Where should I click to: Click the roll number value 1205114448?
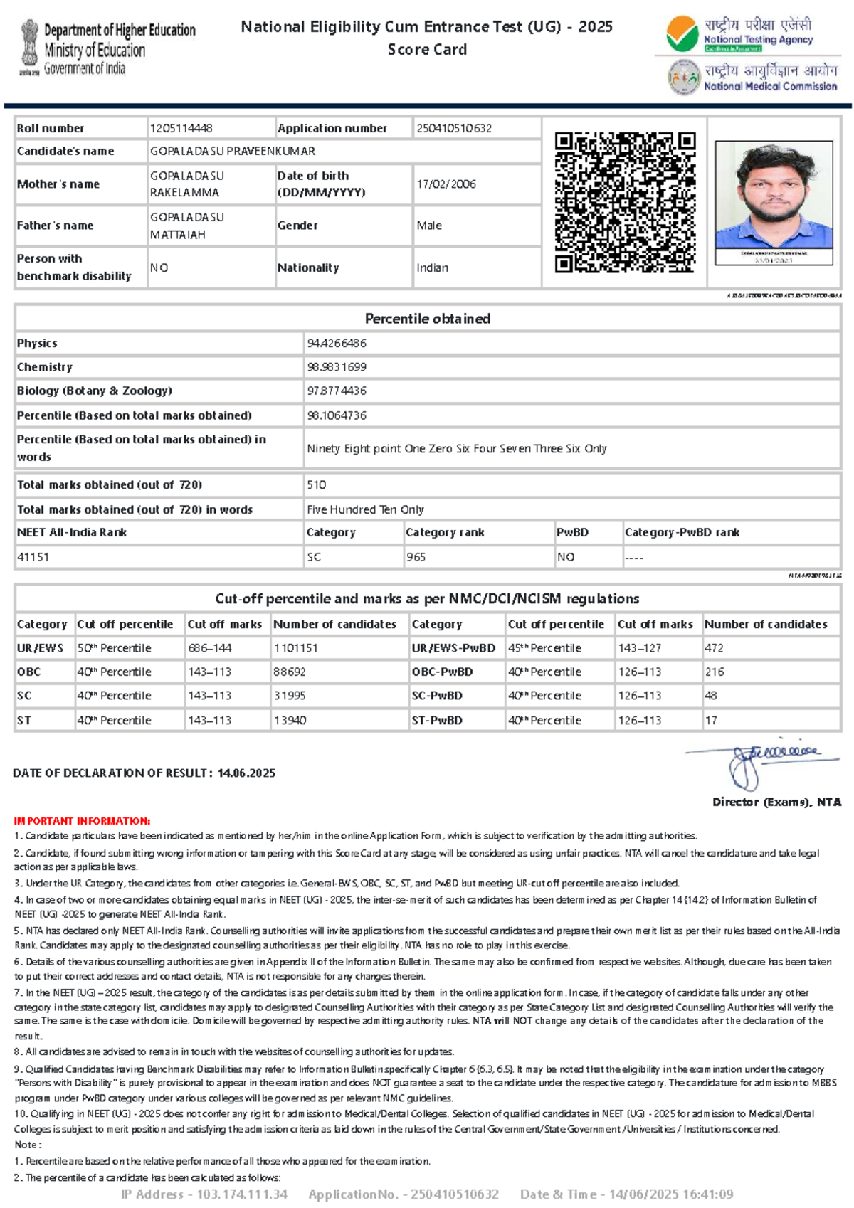point(181,129)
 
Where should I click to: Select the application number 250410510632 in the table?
point(454,129)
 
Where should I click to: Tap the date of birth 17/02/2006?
point(446,184)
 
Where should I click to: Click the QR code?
point(625,202)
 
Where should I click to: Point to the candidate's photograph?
point(774,196)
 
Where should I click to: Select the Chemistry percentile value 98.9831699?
point(337,367)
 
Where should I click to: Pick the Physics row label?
point(37,344)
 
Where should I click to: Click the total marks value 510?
point(316,485)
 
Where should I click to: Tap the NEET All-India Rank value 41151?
point(33,558)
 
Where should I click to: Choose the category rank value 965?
point(416,558)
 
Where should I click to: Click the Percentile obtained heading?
point(427,319)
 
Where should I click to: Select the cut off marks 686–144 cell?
point(209,648)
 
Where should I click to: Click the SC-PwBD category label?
point(437,696)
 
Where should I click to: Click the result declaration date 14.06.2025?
point(246,773)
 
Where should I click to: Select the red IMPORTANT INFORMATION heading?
point(82,821)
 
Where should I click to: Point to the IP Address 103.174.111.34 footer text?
point(204,1194)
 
